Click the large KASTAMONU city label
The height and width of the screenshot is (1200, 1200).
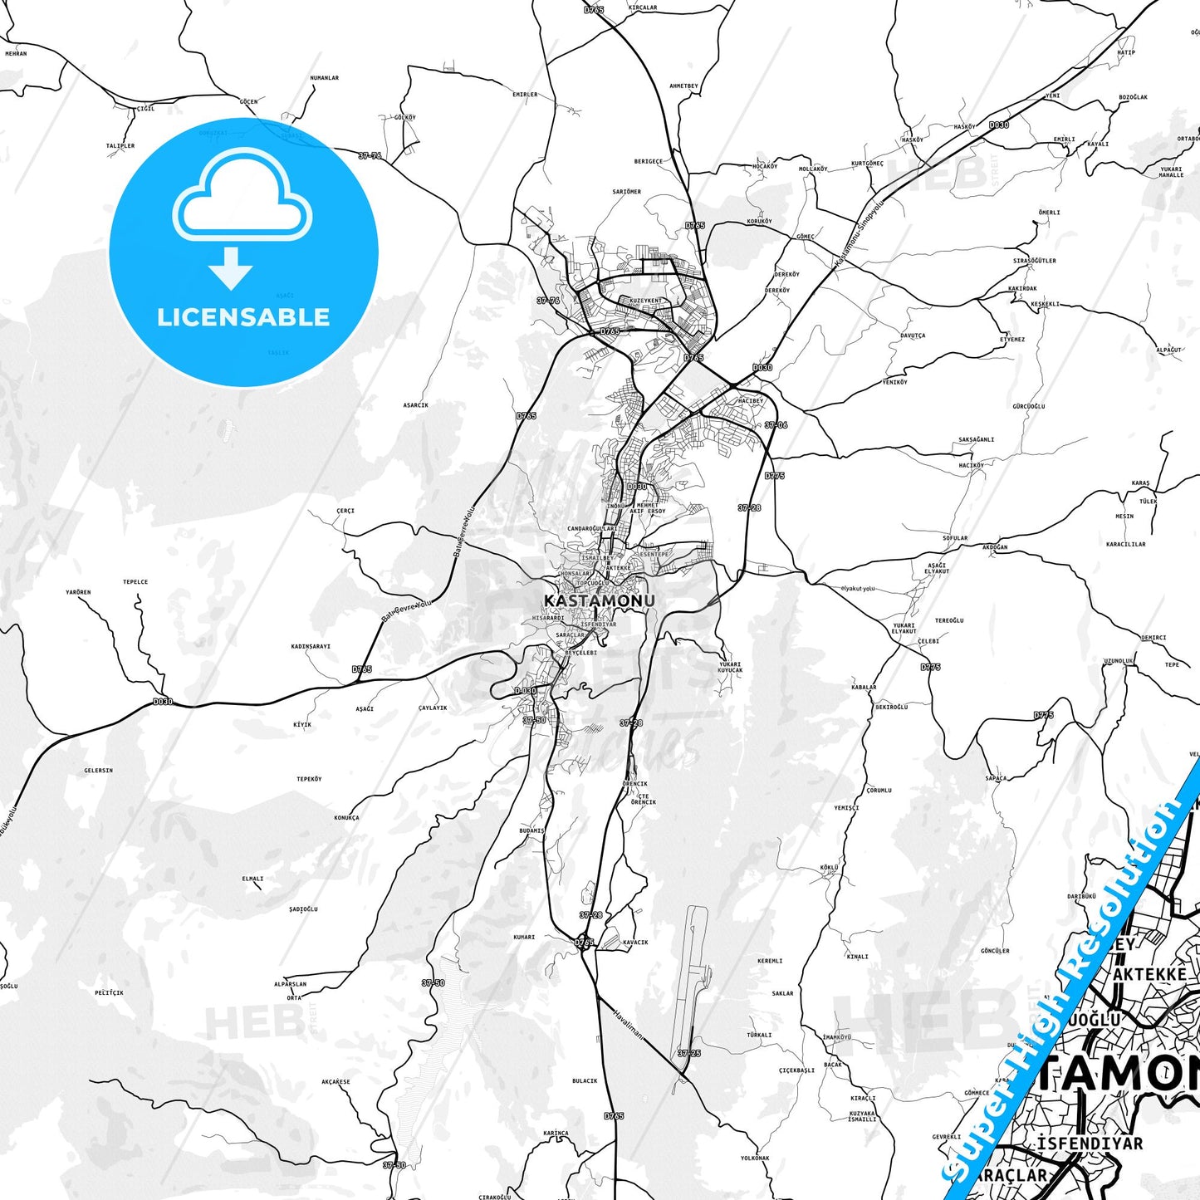[599, 600]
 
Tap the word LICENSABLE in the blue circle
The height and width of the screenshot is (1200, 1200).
[243, 317]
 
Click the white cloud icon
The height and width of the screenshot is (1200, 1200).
[242, 196]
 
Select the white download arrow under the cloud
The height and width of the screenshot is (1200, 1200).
[231, 267]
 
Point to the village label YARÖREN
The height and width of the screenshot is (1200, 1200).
[78, 592]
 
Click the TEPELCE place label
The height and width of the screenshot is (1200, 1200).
[135, 582]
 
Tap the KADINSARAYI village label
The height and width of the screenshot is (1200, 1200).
[311, 646]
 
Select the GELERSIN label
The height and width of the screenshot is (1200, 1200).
[98, 771]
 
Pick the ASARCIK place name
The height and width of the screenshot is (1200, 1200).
[415, 405]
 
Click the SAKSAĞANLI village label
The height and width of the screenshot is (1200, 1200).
[976, 440]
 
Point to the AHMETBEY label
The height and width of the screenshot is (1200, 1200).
[683, 86]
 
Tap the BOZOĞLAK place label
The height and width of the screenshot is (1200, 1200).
[1133, 97]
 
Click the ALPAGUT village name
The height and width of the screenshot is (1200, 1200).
[1168, 350]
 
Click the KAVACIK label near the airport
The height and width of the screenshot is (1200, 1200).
[634, 943]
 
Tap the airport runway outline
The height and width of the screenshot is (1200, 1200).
[692, 972]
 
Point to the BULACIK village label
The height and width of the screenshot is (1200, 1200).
[585, 1081]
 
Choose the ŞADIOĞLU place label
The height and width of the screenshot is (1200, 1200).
[303, 909]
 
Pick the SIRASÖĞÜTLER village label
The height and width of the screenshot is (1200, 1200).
[1034, 261]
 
